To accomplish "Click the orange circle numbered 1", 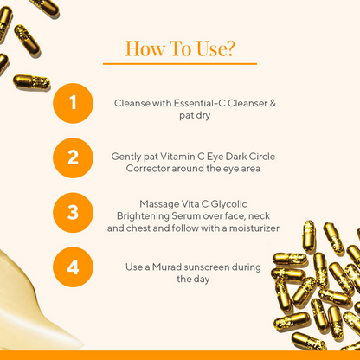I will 73,102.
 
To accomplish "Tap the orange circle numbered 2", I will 73,157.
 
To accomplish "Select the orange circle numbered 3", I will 73,212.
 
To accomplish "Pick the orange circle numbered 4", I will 73,267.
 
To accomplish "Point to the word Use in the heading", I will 209,48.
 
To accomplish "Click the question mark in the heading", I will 229,48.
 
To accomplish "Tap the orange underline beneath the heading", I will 179,63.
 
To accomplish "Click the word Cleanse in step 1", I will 132,103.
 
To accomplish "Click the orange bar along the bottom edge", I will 180,356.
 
